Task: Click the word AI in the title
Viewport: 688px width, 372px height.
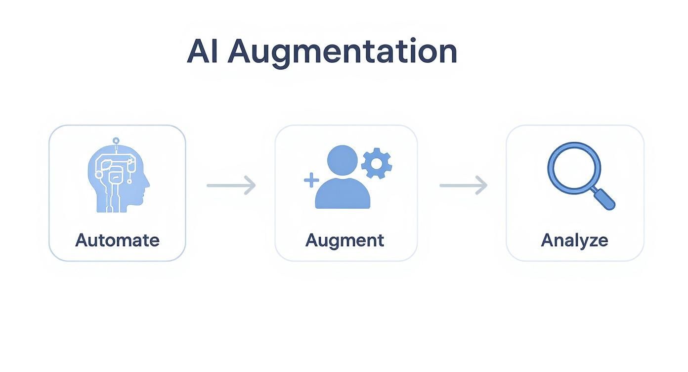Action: tap(203, 51)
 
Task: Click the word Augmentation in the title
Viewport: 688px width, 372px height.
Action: tap(342, 53)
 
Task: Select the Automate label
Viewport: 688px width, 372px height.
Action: tap(117, 240)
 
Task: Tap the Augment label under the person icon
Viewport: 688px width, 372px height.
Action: tap(344, 241)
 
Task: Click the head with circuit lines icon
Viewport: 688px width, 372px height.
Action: tap(118, 175)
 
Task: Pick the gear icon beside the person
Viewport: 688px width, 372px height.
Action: tap(377, 163)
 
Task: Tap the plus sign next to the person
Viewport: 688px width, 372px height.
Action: tap(311, 180)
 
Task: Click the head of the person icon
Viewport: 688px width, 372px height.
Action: tap(343, 160)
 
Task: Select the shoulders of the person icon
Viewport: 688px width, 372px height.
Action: tap(343, 193)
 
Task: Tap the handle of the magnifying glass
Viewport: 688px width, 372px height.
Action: tap(604, 199)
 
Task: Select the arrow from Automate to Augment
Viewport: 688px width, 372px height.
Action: tap(231, 186)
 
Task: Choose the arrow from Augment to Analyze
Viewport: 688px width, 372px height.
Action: tap(464, 186)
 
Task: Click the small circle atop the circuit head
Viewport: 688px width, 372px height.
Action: tap(116, 141)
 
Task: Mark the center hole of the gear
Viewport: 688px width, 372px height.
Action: tap(377, 163)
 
